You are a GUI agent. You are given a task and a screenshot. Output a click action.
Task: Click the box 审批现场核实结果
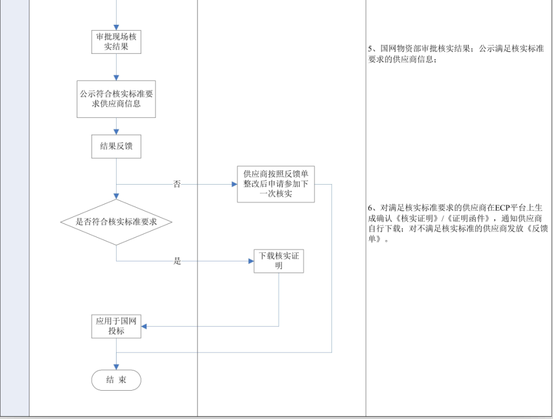click(116, 42)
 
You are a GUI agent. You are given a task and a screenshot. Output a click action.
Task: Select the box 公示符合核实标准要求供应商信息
click(116, 99)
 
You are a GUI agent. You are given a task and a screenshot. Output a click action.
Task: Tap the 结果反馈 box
click(116, 147)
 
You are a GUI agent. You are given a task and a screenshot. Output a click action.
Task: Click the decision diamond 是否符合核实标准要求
click(116, 222)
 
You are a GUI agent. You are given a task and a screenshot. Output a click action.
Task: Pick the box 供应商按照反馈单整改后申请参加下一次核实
click(275, 184)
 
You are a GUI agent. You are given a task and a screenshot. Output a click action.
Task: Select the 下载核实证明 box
click(279, 261)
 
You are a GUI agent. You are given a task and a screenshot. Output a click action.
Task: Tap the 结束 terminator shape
click(116, 380)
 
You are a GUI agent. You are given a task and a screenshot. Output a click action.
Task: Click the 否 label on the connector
click(177, 184)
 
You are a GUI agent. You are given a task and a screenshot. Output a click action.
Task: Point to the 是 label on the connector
click(177, 261)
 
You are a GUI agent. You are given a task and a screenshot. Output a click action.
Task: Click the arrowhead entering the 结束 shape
click(116, 366)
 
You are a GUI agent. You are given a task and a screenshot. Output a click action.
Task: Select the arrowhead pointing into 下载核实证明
click(251, 261)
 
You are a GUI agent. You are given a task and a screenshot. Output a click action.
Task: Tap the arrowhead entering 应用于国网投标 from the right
click(144, 326)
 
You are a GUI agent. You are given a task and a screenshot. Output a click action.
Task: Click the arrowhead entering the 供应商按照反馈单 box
click(234, 184)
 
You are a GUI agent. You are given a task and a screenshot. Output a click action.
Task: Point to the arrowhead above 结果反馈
click(116, 131)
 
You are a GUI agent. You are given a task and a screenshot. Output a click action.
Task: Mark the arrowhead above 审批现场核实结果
click(116, 27)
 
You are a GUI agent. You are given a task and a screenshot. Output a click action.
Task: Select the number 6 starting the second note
click(371, 207)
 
